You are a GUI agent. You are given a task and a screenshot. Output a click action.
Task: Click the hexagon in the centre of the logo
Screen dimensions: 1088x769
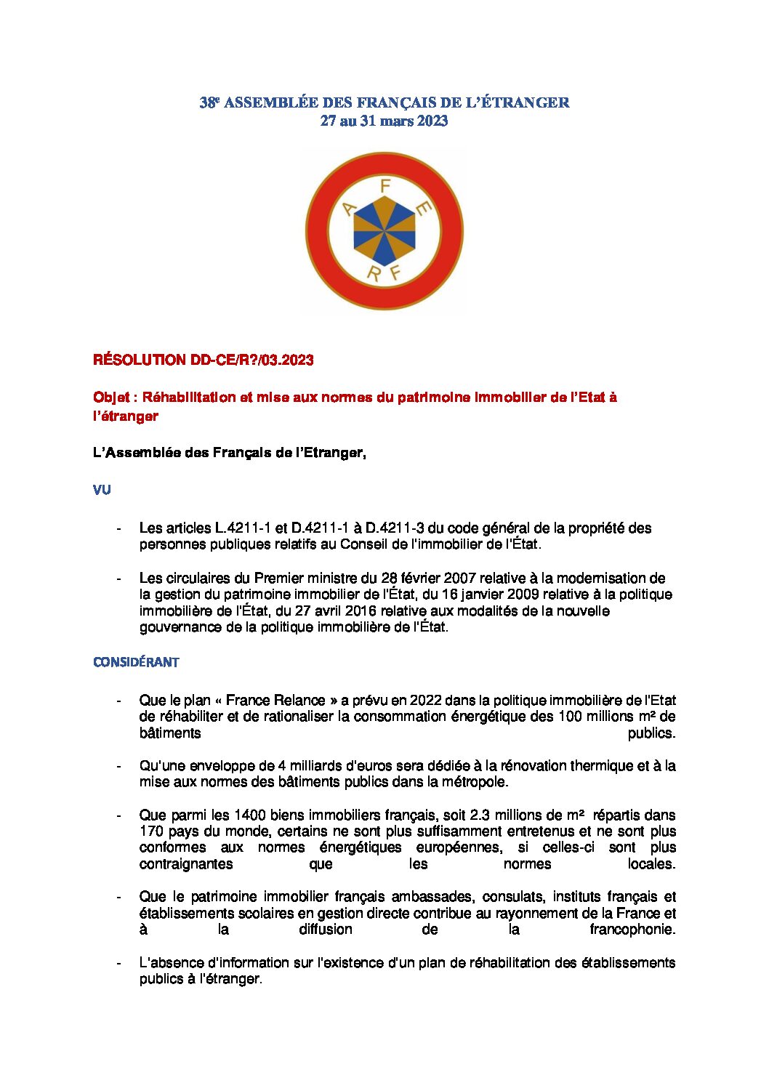click(384, 230)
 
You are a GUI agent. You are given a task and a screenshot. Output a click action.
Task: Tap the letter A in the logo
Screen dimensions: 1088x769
click(349, 209)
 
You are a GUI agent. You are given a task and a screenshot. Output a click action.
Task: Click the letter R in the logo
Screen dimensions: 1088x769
click(374, 273)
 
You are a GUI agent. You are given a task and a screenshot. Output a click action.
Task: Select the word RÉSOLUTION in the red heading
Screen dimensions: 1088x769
click(140, 360)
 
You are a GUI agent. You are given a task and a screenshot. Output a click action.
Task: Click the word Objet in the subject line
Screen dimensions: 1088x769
click(111, 398)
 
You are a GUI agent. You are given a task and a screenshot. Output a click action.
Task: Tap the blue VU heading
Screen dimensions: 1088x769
click(102, 491)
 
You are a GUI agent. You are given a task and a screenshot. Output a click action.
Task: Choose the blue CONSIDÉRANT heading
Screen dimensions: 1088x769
click(136, 662)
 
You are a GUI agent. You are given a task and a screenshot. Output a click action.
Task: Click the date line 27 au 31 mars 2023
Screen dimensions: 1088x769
click(384, 121)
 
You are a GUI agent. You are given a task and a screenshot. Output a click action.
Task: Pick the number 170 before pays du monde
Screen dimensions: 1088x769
click(151, 831)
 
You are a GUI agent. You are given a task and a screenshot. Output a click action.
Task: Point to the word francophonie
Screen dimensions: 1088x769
click(632, 930)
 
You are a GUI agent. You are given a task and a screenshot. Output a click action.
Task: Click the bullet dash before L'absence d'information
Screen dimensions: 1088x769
click(118, 963)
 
